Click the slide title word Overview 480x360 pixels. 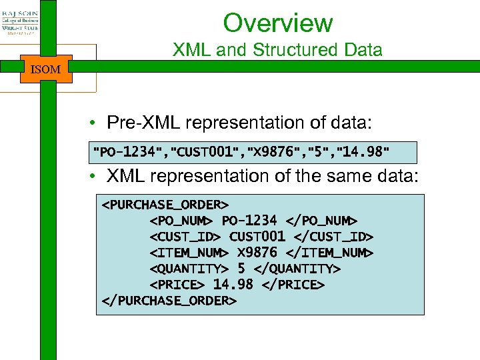[x=277, y=23]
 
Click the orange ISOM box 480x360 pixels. [x=46, y=69]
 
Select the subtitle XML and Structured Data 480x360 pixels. [x=277, y=50]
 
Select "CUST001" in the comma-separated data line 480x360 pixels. [x=207, y=152]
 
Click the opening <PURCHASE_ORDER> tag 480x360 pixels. [x=165, y=204]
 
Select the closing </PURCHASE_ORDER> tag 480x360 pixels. [x=169, y=301]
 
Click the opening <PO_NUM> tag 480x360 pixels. [x=181, y=220]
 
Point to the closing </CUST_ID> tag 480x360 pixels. [x=334, y=237]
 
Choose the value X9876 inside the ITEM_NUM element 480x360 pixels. [x=257, y=253]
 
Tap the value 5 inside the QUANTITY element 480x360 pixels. [x=241, y=269]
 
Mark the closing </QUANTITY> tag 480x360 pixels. [x=297, y=269]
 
